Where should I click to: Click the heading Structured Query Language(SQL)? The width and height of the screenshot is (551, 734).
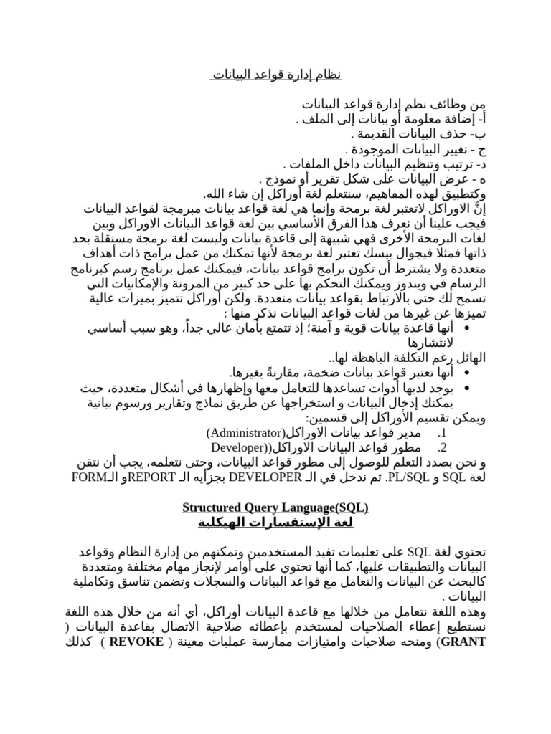click(275, 508)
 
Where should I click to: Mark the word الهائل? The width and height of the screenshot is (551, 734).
click(467, 358)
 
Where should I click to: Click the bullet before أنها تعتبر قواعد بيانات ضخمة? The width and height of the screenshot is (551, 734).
click(467, 373)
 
